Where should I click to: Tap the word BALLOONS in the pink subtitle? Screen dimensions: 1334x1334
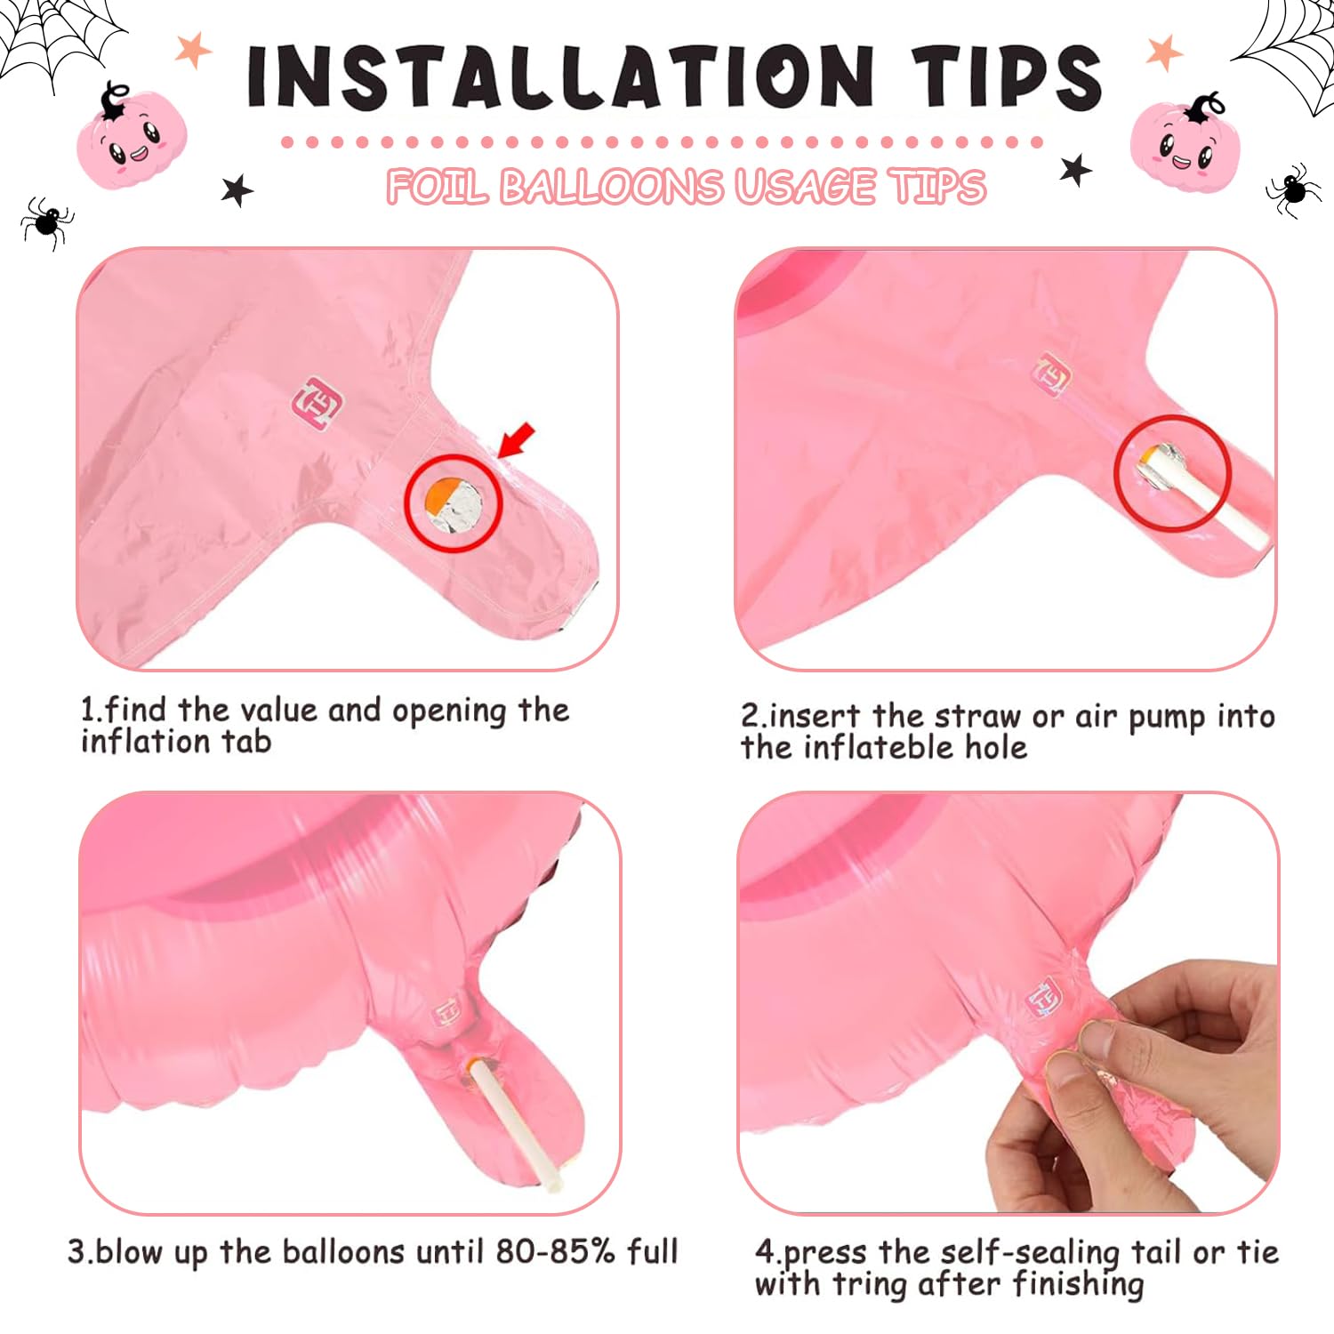pyautogui.click(x=612, y=187)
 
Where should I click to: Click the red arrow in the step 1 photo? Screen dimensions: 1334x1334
pyautogui.click(x=517, y=441)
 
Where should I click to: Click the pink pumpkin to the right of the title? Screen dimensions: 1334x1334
pyautogui.click(x=1185, y=141)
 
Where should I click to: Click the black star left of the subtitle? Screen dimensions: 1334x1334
pyautogui.click(x=237, y=189)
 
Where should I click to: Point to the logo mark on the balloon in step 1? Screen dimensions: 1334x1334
pyautogui.click(x=317, y=404)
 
